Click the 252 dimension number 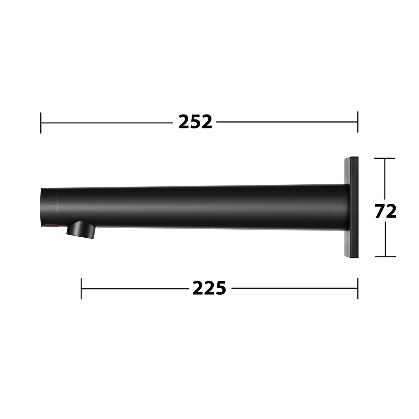point(195,122)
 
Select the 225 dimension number point(209,288)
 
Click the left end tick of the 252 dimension point(41,123)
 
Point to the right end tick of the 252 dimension point(358,122)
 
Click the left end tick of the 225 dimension point(81,289)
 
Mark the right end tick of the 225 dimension point(358,288)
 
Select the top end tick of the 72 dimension point(385,158)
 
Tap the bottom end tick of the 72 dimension point(385,256)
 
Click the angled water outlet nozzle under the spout point(81,230)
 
